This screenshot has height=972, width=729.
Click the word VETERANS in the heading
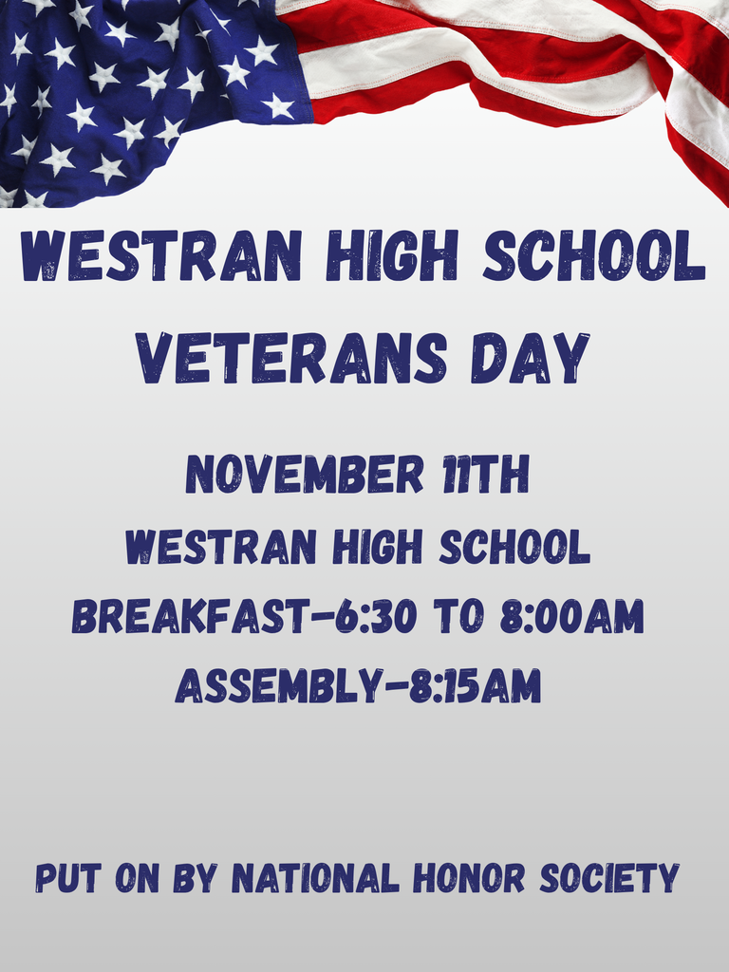tap(291, 360)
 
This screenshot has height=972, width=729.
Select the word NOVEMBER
tap(304, 475)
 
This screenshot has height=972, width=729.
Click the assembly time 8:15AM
tap(475, 686)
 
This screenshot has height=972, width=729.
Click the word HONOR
tap(469, 878)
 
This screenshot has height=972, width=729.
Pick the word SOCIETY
tap(609, 878)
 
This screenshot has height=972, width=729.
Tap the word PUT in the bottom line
tap(67, 878)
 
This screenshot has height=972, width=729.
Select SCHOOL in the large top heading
tap(594, 256)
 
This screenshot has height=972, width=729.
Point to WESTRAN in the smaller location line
tap(220, 547)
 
